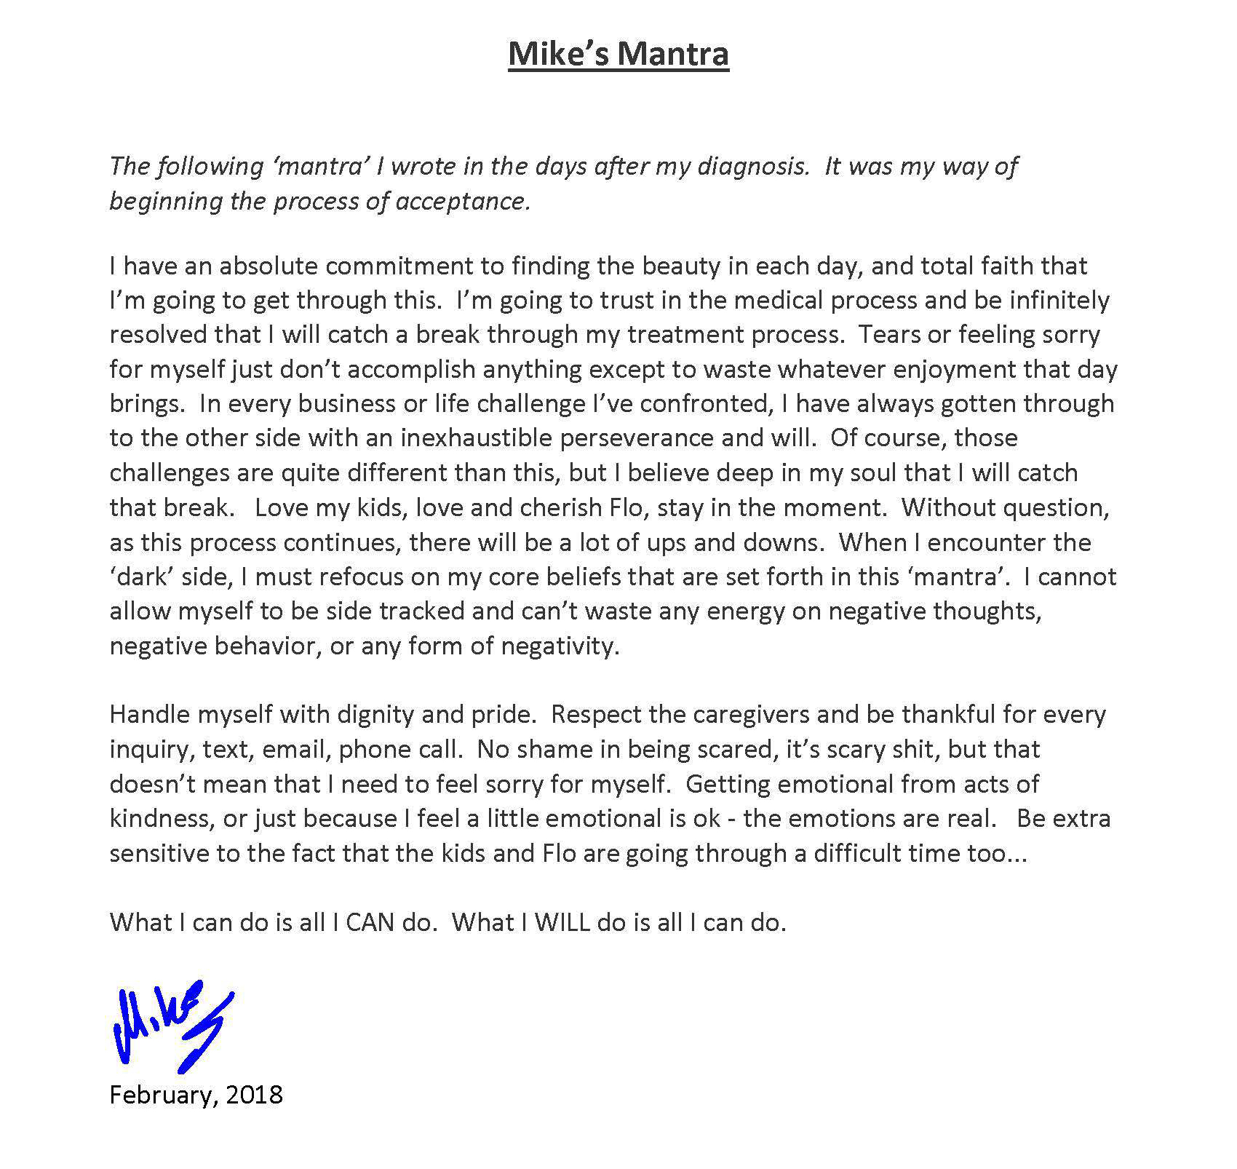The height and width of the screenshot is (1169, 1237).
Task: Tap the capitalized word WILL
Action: [562, 923]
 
